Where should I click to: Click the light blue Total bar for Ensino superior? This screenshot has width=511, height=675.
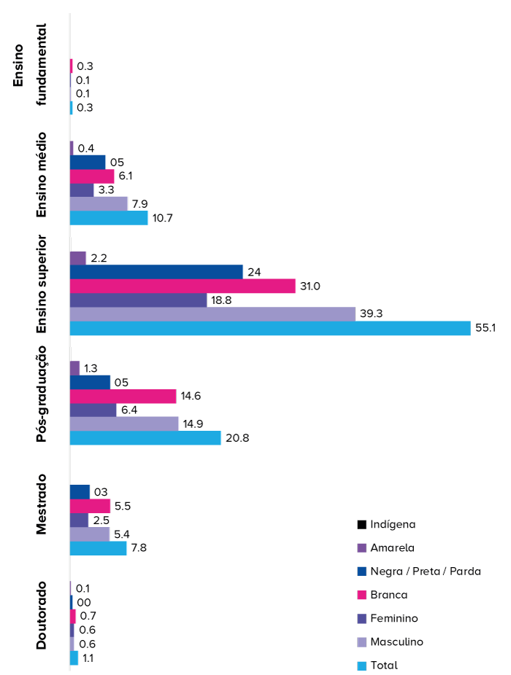270,329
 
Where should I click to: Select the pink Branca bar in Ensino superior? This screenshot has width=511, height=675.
182,286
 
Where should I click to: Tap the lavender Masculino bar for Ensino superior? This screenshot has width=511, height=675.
212,314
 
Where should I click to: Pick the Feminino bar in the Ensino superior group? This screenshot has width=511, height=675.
138,300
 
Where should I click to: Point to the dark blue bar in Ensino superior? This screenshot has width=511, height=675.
156,272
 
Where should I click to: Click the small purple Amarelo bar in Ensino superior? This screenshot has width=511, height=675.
78,258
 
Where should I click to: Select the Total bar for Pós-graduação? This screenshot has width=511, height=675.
145,438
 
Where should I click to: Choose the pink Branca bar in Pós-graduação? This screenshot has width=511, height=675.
123,397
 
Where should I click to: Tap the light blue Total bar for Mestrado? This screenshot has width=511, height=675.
98,548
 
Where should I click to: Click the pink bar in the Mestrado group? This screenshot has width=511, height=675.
90,506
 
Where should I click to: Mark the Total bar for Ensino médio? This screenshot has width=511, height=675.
109,218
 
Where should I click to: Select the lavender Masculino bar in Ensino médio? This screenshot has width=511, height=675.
99,203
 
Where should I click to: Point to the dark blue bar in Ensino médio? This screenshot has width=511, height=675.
88,162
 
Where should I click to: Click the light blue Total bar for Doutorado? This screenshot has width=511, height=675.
74,658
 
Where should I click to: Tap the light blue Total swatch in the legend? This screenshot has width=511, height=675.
362,666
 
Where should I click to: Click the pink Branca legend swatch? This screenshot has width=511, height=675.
362,595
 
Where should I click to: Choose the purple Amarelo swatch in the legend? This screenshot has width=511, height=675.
362,547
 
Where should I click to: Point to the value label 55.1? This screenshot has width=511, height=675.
487,329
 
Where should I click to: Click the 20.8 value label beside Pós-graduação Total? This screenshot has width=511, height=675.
237,438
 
